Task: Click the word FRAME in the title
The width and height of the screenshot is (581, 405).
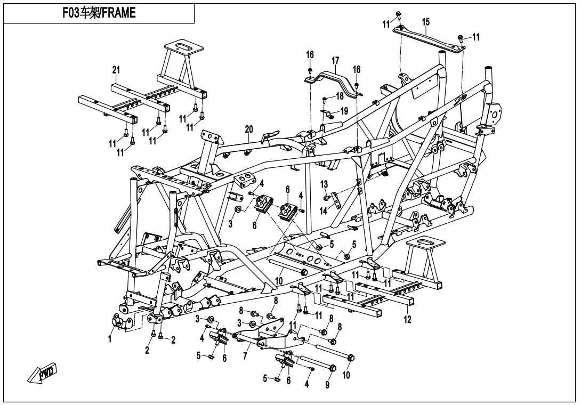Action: pyautogui.click(x=118, y=13)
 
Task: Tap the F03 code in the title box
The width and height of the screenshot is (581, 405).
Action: pyautogui.click(x=70, y=13)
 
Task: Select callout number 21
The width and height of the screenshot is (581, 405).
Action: pyautogui.click(x=116, y=70)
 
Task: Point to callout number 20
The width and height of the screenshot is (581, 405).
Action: pyautogui.click(x=249, y=129)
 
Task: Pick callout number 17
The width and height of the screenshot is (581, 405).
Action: pyautogui.click(x=335, y=60)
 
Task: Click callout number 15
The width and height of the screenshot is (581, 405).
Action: pyautogui.click(x=426, y=22)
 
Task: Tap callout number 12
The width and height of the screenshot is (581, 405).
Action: pyautogui.click(x=407, y=319)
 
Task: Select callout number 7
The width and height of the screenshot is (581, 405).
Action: pyautogui.click(x=245, y=357)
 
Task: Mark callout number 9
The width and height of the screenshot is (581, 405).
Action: pyautogui.click(x=327, y=385)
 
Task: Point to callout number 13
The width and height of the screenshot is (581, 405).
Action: pyautogui.click(x=324, y=184)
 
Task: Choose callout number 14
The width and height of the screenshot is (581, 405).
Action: pyautogui.click(x=324, y=211)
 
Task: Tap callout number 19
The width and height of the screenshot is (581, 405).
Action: pyautogui.click(x=344, y=110)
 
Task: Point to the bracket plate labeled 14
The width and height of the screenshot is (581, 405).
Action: pyautogui.click(x=335, y=200)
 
